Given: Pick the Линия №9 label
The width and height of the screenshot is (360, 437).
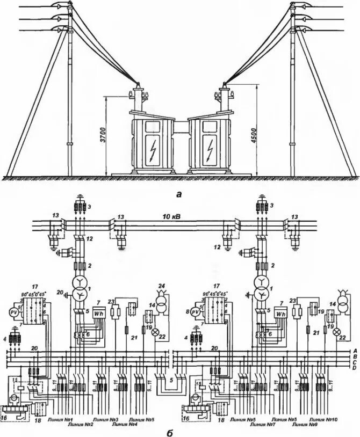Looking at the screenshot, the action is coord(302,425).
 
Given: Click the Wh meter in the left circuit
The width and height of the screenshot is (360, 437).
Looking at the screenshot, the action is coord(98,314).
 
